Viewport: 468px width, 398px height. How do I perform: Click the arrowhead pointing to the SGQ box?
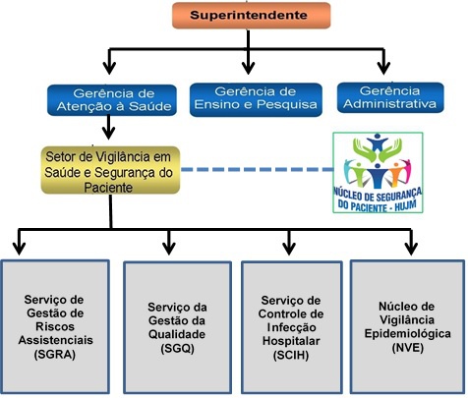point(170,243)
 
